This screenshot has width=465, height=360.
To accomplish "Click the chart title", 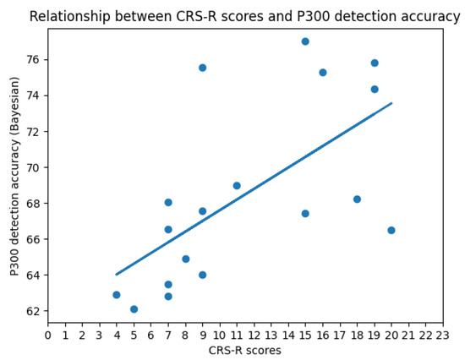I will tap(246, 16).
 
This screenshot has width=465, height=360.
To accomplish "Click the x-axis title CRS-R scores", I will tap(244, 351).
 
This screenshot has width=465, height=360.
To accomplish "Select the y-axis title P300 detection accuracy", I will tap(16, 176).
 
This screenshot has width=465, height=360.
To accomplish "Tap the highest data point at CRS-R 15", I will tap(305, 41).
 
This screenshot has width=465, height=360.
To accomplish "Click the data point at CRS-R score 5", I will tap(134, 309).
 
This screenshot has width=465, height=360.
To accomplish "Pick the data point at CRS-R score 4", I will tap(117, 295).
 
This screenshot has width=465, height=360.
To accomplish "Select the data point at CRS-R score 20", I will tap(391, 230).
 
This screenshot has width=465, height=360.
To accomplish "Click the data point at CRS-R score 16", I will tap(323, 73).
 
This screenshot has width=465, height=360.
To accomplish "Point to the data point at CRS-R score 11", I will tap(237, 186).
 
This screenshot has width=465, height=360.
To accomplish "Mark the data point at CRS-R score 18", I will tap(357, 199).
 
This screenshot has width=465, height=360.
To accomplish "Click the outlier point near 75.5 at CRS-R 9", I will tap(202, 68).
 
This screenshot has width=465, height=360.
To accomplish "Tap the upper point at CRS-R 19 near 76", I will tap(375, 63).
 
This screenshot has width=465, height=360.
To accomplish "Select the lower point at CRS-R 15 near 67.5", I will tap(305, 213).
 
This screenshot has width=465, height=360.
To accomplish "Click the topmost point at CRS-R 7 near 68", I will tap(168, 202).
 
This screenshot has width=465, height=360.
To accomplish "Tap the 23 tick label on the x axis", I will tap(442, 335).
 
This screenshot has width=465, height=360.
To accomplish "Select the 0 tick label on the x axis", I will tap(47, 335).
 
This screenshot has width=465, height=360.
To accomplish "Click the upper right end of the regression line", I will tap(391, 103).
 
